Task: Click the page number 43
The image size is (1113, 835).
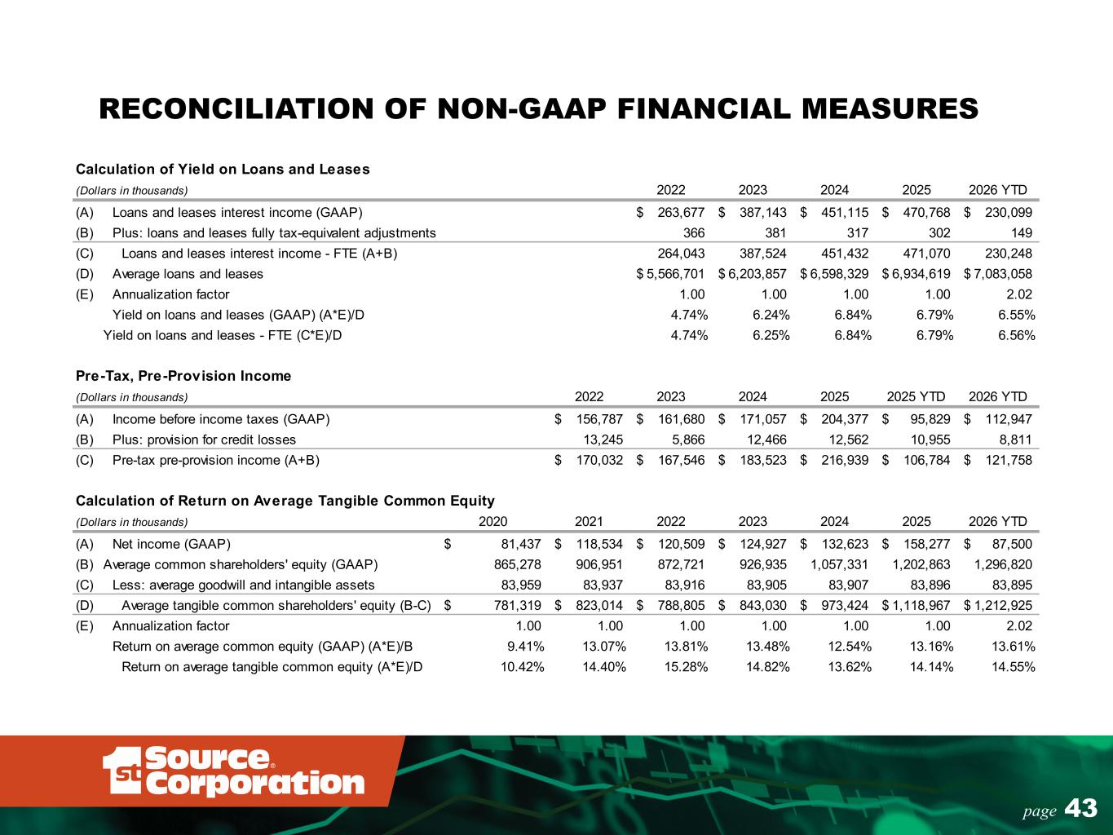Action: [1081, 808]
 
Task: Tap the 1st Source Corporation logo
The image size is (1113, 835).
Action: [234, 771]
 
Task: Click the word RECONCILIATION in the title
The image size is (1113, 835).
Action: [236, 108]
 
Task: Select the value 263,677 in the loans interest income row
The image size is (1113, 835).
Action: [681, 213]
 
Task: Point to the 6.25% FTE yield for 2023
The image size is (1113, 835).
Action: [771, 335]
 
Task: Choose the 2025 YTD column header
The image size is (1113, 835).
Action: [916, 396]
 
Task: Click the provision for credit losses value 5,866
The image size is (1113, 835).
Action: [688, 440]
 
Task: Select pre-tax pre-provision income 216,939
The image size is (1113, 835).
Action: [845, 460]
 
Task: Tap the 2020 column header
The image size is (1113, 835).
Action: [492, 521]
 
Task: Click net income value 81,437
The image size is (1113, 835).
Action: [521, 544]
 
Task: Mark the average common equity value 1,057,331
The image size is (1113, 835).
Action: [839, 564]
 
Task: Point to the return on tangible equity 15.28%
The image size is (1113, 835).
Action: [686, 667]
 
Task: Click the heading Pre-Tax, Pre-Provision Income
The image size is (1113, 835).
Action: [183, 376]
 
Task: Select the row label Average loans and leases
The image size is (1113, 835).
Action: [188, 274]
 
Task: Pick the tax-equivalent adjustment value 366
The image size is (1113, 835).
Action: [694, 232]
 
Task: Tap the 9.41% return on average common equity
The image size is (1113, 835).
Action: [525, 647]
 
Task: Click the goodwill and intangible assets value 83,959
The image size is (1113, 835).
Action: [521, 585]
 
